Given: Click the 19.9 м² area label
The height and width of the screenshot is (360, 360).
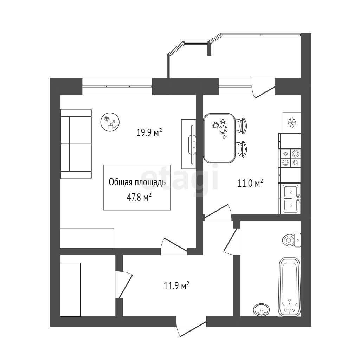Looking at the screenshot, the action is [x=149, y=132].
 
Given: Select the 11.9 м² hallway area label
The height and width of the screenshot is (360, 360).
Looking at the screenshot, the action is [x=176, y=286].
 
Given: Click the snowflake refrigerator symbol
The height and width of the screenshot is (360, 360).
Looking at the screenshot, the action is [x=292, y=123].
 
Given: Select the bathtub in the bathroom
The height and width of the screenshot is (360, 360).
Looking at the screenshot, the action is [x=289, y=287].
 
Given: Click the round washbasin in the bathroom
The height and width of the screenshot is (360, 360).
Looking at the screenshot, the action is [x=262, y=310].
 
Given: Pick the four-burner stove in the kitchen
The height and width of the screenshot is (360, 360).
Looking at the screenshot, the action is [x=290, y=158].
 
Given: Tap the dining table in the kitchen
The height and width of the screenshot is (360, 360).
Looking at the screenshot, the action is [x=219, y=138].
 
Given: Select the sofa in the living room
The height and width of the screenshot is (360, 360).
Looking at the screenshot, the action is [x=76, y=144].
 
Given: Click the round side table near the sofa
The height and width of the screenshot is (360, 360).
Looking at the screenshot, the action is [x=110, y=122].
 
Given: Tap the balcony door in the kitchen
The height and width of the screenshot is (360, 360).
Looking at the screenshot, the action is [x=264, y=88].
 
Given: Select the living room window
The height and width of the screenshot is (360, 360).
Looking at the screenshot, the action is [x=117, y=86].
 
